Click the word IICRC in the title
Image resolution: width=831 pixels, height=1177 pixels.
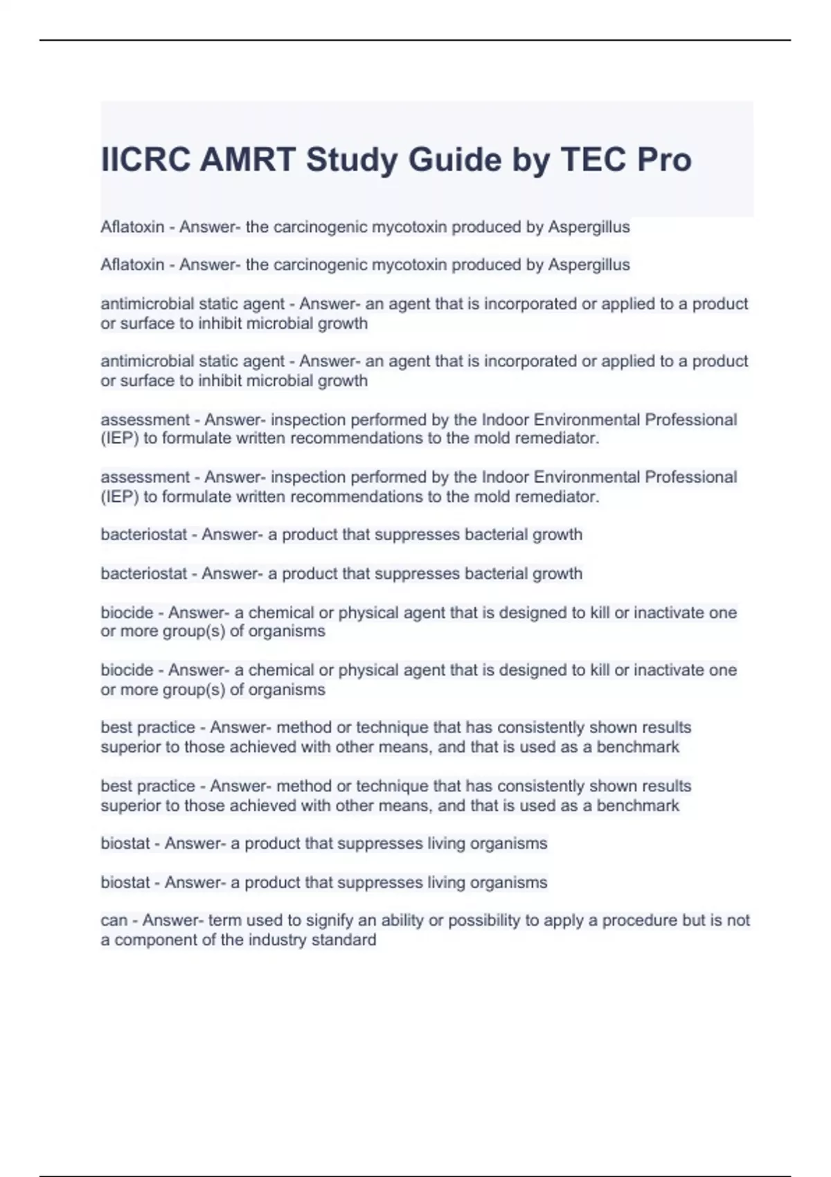point(145,160)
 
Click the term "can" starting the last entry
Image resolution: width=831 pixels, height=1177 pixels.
point(114,921)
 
